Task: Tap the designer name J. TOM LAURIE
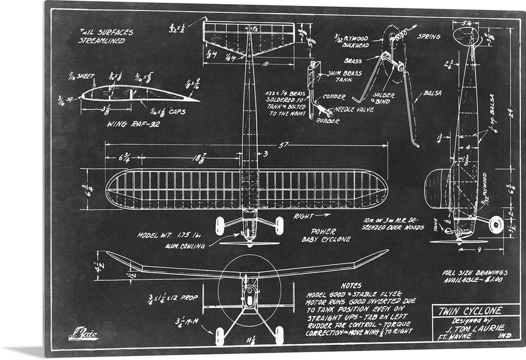pyautogui.click(x=477, y=327)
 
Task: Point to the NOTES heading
pyautogui.click(x=351, y=285)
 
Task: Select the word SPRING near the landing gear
pyautogui.click(x=428, y=37)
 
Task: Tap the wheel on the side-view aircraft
pyautogui.click(x=495, y=225)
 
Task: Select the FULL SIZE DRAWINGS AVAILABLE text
pyautogui.click(x=475, y=276)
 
